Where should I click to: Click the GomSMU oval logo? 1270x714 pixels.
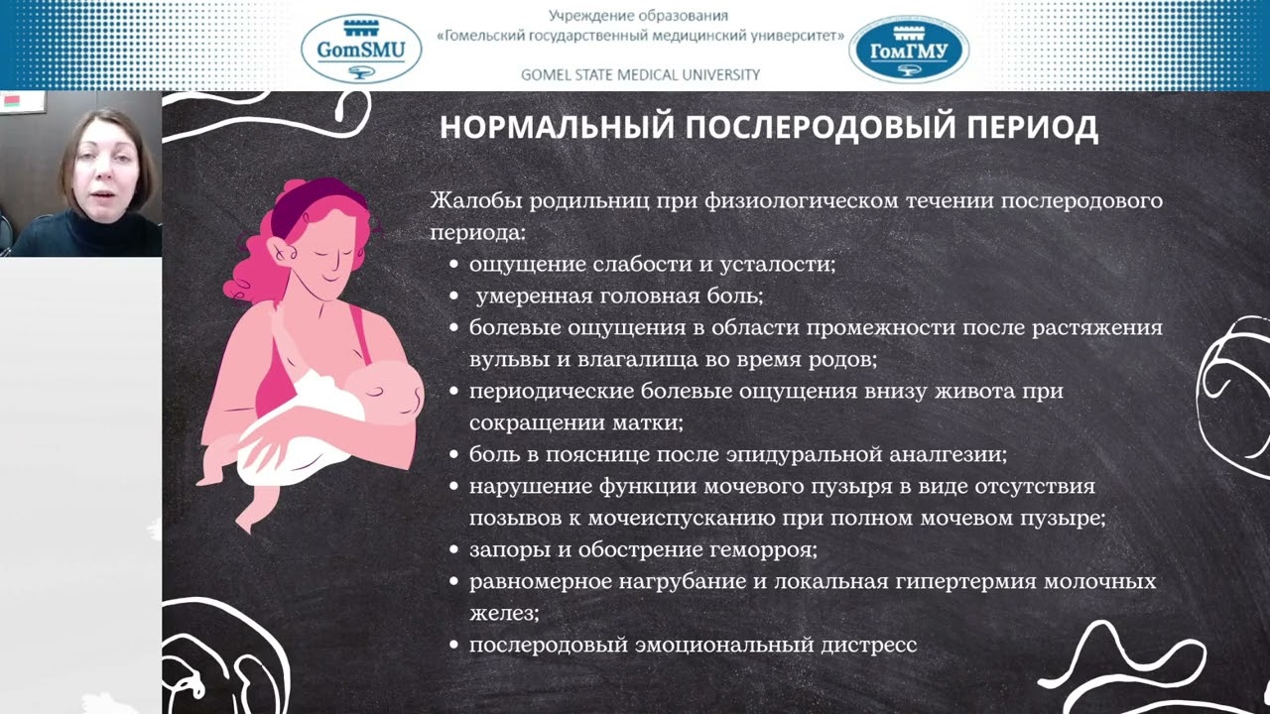pyautogui.click(x=361, y=48)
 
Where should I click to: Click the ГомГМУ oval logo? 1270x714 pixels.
pyautogui.click(x=909, y=49)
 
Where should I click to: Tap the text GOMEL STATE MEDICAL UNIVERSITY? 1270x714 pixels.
pyautogui.click(x=640, y=74)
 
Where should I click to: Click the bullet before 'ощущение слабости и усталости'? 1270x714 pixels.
pyautogui.click(x=453, y=266)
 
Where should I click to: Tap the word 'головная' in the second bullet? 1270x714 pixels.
pyautogui.click(x=642, y=297)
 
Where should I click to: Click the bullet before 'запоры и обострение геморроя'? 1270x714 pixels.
pyautogui.click(x=453, y=550)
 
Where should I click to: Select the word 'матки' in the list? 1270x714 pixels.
pyautogui.click(x=651, y=422)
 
